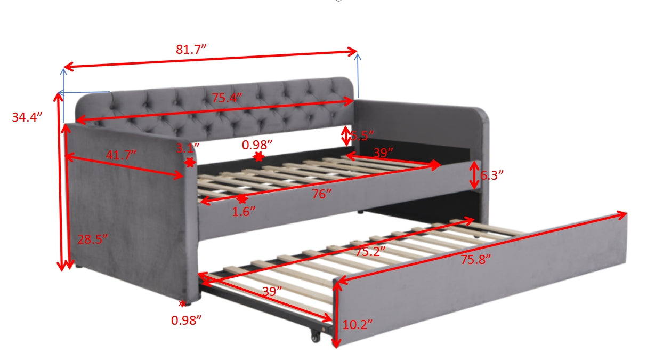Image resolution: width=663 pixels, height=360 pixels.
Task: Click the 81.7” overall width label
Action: coord(191,50)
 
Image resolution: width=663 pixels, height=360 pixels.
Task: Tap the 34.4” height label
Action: coord(27,117)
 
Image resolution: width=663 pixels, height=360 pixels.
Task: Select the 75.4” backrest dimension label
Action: coord(227,98)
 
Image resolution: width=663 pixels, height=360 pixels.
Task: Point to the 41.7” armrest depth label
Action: coord(121,155)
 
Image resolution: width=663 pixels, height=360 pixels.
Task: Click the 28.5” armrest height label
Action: coord(93,239)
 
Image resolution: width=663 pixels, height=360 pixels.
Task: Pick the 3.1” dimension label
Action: coord(188,147)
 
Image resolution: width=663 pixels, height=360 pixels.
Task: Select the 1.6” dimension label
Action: coord(244,211)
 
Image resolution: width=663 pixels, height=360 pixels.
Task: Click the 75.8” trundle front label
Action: coord(475,260)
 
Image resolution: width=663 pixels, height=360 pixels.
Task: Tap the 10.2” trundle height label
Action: coord(357,324)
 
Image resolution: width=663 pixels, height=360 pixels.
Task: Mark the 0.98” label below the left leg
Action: coord(187,321)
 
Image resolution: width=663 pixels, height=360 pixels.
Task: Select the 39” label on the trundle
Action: coord(272,292)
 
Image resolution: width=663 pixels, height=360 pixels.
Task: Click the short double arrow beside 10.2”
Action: coord(336,315)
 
